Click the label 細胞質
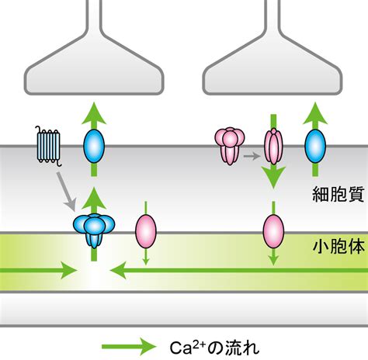tap(338, 194)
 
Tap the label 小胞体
tap(338, 246)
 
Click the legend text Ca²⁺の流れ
tap(214, 348)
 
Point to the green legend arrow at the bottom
tap(129, 347)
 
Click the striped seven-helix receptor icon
tap(49, 146)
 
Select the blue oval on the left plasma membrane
tap(94, 146)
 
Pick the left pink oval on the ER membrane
tap(146, 231)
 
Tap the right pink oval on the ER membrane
tap(273, 231)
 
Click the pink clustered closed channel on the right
tap(230, 146)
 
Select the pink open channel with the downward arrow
tap(273, 147)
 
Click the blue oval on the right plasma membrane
tap(315, 146)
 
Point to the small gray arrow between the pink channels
tap(252, 156)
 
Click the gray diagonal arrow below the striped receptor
tap(66, 192)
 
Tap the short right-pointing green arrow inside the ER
tap(39, 271)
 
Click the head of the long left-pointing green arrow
tap(118, 271)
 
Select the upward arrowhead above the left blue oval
tap(94, 113)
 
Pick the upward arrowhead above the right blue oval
tap(315, 113)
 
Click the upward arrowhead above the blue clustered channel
tap(94, 199)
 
